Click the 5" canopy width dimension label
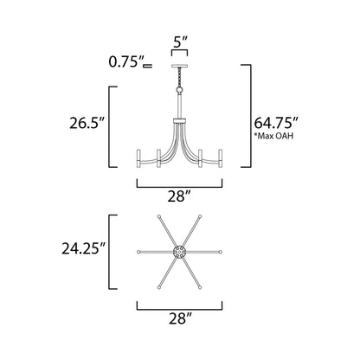tap(179, 41)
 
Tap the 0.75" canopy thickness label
tap(126, 62)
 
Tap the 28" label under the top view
tap(179, 318)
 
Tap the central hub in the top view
tap(180, 252)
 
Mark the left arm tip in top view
tap(139, 252)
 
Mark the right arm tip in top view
tap(221, 252)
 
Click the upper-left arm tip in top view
tap(159, 216)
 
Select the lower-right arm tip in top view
tap(201, 287)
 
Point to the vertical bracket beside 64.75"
tap(249, 117)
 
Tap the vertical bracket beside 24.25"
tap(111, 252)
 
